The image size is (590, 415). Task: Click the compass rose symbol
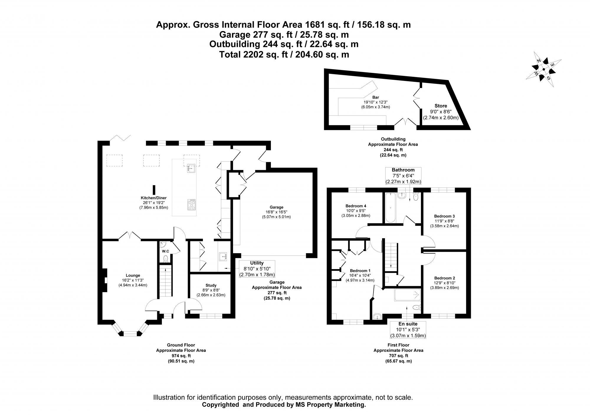point(543,70)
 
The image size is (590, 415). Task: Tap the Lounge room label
point(133,275)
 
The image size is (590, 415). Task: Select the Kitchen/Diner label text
point(153,198)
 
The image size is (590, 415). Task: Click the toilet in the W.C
point(165,258)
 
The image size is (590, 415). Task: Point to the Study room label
point(211,285)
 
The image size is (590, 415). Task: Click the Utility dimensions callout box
point(257,269)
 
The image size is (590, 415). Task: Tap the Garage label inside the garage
point(276,207)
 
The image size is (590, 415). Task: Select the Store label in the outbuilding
point(441,106)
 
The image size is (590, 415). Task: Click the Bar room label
point(376,97)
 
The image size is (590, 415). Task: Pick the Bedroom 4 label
point(356,206)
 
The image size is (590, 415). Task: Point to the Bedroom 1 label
point(360,271)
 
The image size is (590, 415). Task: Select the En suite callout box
point(408,330)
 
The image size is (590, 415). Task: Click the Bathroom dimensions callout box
point(403,176)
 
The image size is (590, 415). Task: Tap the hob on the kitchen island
point(191,205)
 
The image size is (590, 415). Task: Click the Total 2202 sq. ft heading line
point(284,54)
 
